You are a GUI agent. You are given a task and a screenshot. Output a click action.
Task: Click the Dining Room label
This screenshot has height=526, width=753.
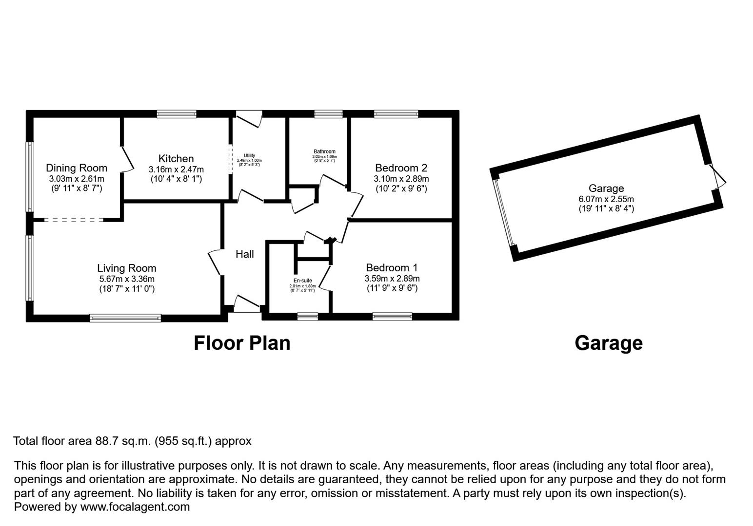[77, 168]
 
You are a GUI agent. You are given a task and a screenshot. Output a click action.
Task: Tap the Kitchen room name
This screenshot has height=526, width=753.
[176, 159]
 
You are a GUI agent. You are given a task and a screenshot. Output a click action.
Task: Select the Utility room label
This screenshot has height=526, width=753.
[249, 156]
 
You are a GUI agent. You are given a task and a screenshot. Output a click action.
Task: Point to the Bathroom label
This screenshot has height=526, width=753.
[324, 151]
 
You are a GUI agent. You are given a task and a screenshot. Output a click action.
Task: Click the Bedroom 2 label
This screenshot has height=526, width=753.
[401, 168]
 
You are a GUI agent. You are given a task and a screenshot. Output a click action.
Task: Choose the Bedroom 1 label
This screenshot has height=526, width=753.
[392, 268]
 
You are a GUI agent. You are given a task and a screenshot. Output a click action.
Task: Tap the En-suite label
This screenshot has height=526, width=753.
[302, 281]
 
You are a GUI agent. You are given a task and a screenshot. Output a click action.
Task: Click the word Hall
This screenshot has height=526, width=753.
[245, 254]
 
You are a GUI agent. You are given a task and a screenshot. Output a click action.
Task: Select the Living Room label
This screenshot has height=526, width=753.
[127, 268]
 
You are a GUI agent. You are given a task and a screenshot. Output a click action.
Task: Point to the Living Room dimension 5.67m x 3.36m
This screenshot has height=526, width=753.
[126, 279]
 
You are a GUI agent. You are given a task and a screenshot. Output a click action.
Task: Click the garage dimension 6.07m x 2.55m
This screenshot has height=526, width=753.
[606, 199]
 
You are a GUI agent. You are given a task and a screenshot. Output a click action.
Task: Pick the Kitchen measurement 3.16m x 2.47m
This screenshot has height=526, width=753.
[176, 169]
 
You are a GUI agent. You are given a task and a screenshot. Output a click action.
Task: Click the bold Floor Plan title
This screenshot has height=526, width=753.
[242, 343]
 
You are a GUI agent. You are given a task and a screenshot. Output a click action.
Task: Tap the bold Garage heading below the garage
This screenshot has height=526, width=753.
[608, 343]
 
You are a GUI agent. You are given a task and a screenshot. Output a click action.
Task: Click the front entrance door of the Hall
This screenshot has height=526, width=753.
[247, 305]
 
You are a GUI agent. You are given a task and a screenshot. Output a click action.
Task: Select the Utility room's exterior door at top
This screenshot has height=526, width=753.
[249, 118]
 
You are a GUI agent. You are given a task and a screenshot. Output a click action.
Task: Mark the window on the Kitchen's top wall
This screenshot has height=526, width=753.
[177, 114]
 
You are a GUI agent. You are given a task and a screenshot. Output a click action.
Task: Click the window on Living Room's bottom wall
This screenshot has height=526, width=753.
[125, 318]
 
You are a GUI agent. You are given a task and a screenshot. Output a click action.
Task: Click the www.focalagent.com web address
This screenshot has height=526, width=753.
[135, 507]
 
